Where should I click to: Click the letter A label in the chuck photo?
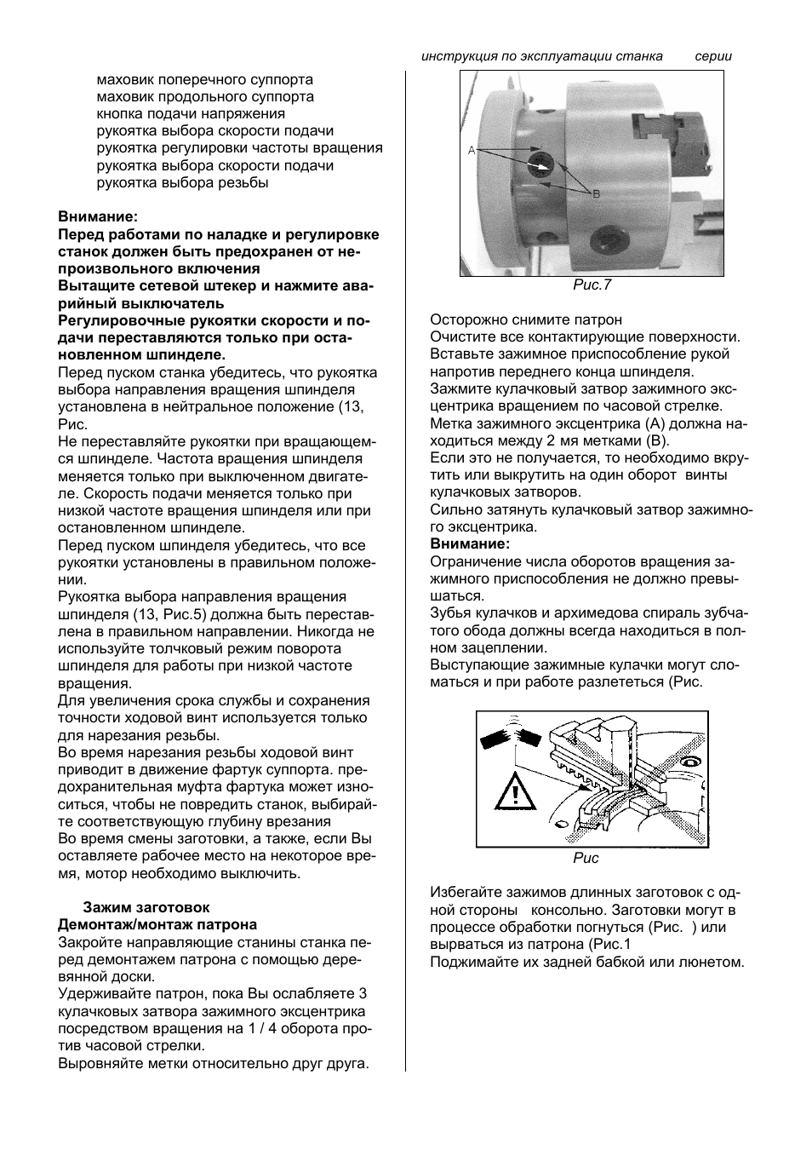click(471, 150)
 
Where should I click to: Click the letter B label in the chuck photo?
click(597, 193)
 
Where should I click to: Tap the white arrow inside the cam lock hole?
click(538, 162)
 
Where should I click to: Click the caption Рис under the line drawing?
click(586, 858)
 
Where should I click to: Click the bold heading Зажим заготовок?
click(146, 907)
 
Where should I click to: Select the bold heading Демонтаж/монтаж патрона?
click(157, 924)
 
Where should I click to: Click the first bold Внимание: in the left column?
click(97, 216)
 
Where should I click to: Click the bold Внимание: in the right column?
click(470, 543)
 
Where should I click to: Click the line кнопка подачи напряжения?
click(191, 113)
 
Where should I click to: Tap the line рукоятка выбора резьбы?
click(183, 182)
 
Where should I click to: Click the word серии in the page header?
click(713, 56)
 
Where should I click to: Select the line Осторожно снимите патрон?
click(525, 319)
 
